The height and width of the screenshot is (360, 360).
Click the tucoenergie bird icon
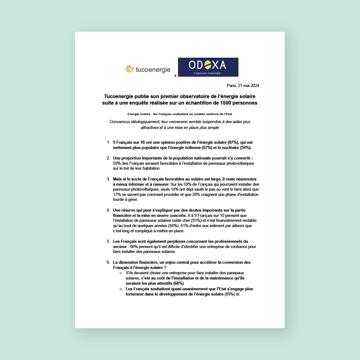pos(129,69)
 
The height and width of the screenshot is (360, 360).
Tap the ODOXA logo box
pos(208,67)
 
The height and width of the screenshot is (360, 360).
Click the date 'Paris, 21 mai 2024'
pos(243,85)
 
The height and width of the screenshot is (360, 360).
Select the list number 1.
pos(108,143)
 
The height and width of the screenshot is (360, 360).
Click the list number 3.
pos(108,179)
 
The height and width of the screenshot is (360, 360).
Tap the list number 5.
pos(108,242)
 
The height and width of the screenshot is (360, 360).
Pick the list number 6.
pos(108,263)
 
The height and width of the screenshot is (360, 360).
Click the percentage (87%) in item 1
pos(233,143)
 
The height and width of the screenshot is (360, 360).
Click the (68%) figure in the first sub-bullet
pos(178,283)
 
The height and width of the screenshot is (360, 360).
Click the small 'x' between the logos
pos(176,76)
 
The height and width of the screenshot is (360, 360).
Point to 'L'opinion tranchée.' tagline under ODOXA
pos(207,73)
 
